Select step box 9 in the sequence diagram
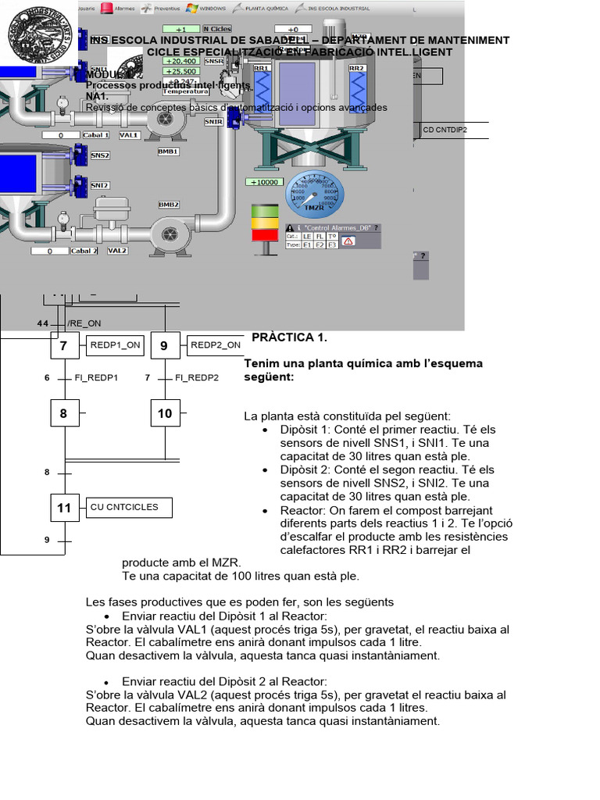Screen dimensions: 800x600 click(165, 345)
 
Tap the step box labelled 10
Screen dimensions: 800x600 click(165, 413)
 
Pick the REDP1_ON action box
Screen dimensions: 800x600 click(116, 345)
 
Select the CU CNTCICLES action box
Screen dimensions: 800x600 click(130, 507)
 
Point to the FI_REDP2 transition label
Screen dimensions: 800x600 click(197, 378)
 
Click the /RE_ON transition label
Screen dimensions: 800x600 click(84, 323)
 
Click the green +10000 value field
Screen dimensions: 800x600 click(263, 182)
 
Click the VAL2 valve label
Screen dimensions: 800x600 click(117, 251)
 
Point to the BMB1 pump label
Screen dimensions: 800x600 click(169, 152)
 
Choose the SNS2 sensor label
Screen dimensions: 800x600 click(100, 155)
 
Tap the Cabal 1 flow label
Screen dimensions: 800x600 click(96, 135)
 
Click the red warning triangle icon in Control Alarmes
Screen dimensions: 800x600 click(348, 241)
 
